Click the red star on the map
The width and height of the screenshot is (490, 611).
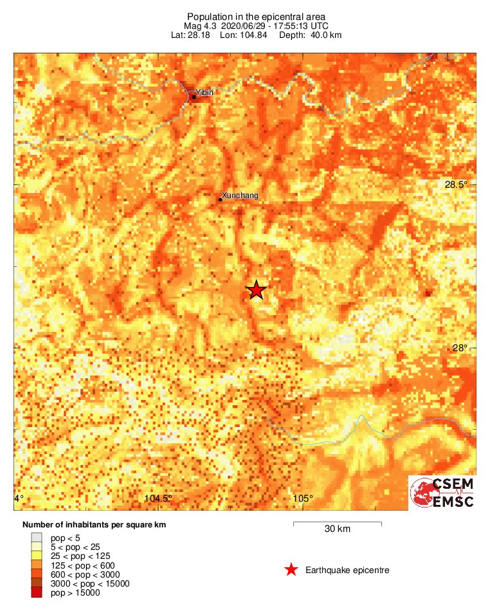(257, 291)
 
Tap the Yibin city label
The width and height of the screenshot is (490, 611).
(204, 93)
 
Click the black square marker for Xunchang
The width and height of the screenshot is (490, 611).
(221, 199)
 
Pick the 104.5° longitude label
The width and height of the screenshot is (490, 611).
(158, 498)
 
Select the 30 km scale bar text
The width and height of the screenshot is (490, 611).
(337, 529)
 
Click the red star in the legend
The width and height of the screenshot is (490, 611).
(291, 570)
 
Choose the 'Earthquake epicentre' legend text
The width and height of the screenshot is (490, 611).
(347, 570)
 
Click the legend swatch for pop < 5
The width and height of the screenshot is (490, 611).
(37, 538)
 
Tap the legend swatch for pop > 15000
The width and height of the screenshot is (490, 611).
(37, 593)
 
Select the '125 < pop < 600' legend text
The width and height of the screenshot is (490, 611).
(82, 565)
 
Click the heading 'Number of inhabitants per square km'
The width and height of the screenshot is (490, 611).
(94, 525)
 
